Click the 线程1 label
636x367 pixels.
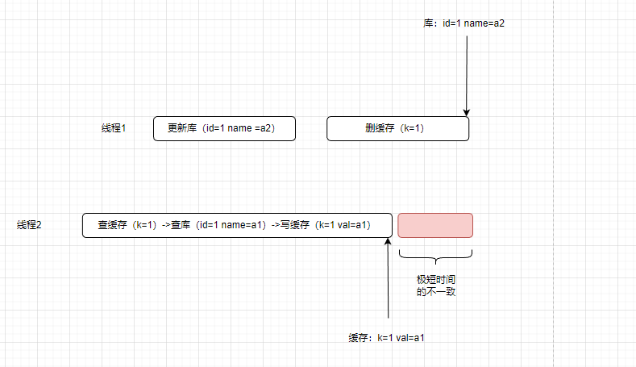tap(114, 128)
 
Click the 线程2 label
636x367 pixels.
tap(29, 225)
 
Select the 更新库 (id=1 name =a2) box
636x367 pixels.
tap(224, 128)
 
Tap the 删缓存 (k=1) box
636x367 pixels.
tap(397, 128)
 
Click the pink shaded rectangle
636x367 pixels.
tap(435, 225)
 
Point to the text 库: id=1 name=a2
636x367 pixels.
tap(464, 23)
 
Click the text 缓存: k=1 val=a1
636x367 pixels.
tap(386, 337)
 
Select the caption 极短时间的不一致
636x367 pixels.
tap(436, 285)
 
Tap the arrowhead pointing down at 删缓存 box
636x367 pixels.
tap(467, 112)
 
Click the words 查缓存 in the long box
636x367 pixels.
tap(114, 225)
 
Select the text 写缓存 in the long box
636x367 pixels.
tap(294, 225)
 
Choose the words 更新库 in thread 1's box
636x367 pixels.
tap(181, 128)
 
